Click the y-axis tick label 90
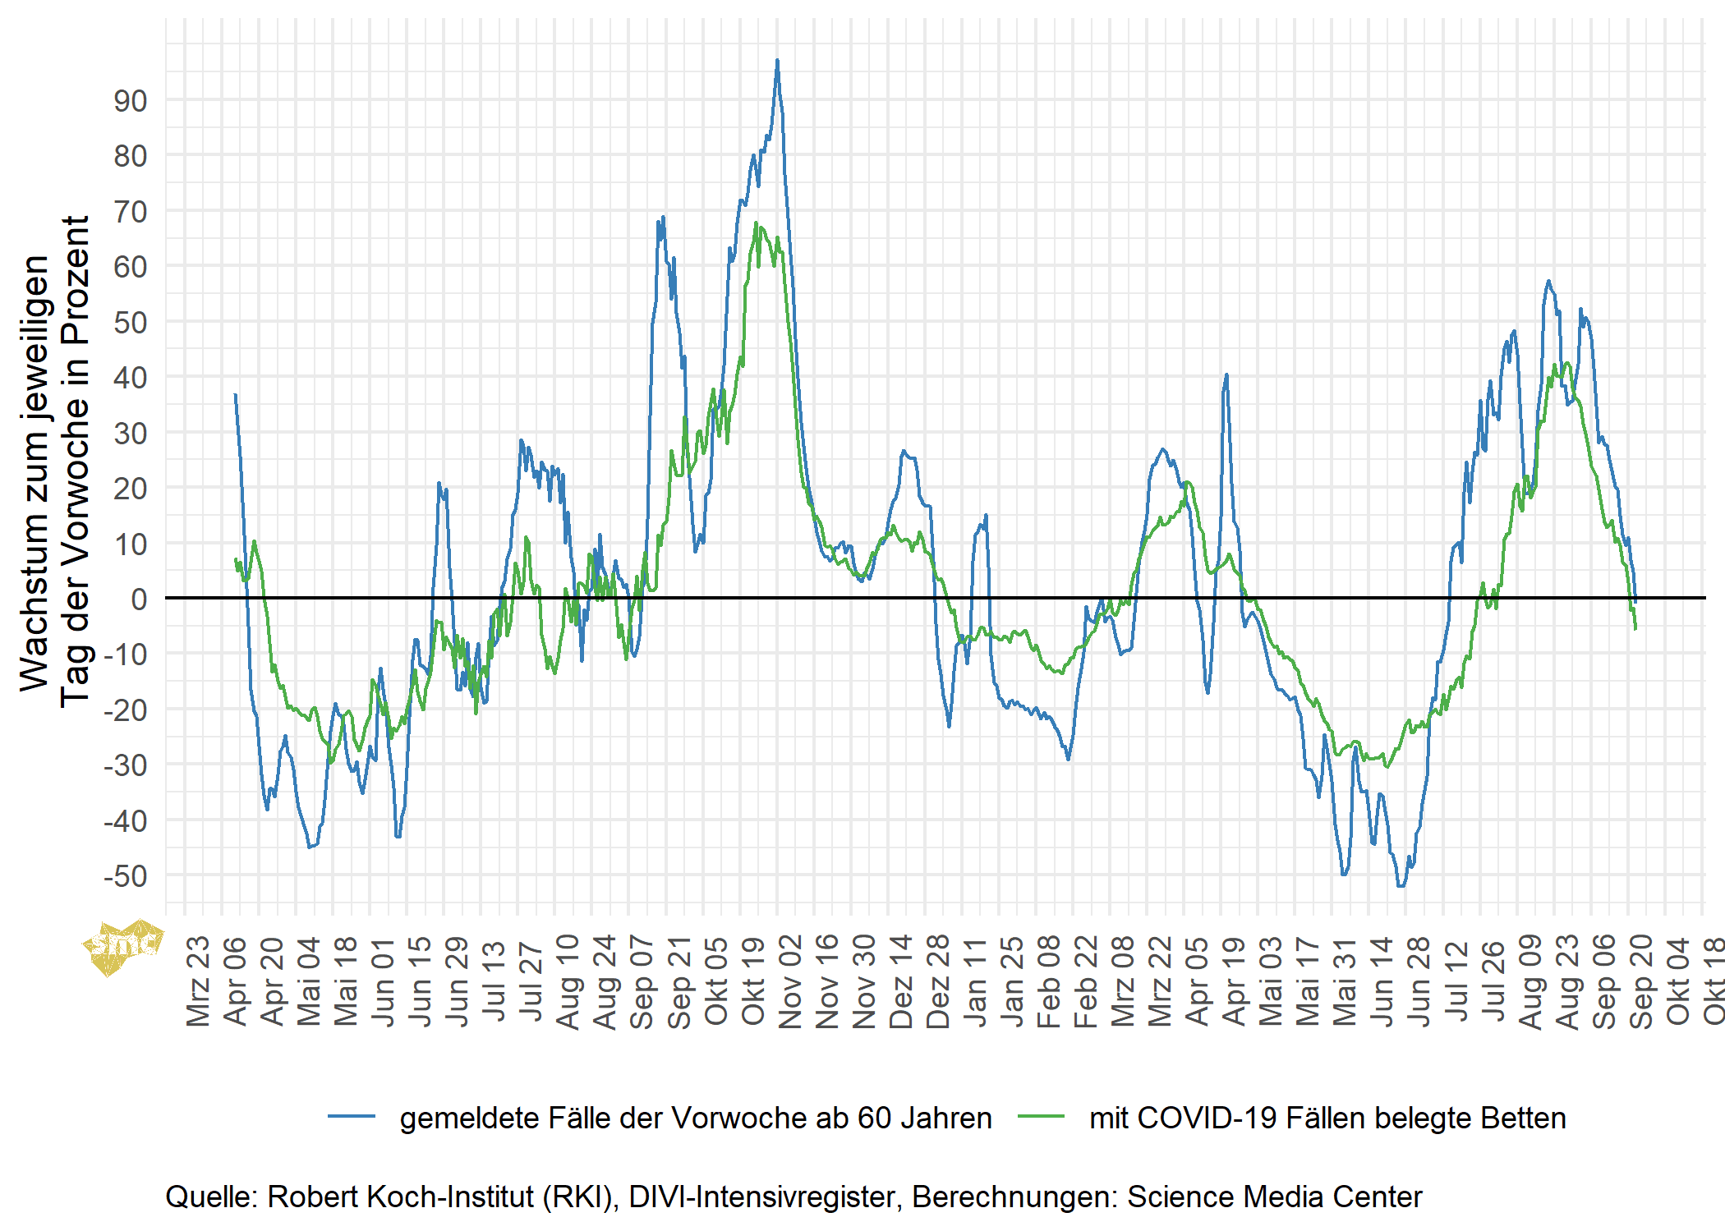coord(130,101)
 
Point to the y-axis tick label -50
coord(125,876)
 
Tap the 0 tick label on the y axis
coord(139,599)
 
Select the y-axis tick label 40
coord(130,378)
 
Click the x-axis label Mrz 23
coord(199,981)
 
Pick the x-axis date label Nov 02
coord(790,981)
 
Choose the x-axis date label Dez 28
coord(938,981)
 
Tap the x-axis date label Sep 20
coord(1641,981)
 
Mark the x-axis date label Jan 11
coord(975,981)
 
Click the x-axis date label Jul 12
coord(1456,981)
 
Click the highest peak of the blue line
coord(777,61)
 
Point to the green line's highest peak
coord(757,223)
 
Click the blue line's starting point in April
coord(235,395)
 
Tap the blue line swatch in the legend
coord(352,1117)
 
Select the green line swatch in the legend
coord(1041,1117)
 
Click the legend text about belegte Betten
coord(1327,1118)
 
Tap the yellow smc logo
coord(123,946)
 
